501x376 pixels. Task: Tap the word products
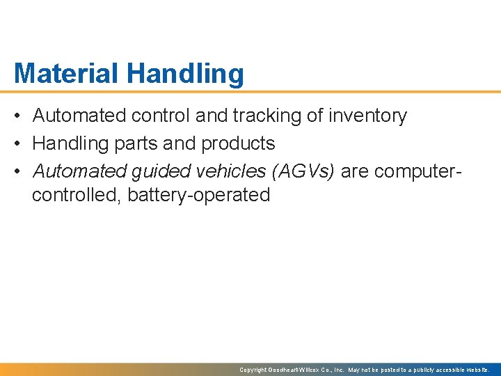[x=238, y=143]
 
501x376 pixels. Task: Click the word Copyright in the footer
[x=253, y=370]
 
